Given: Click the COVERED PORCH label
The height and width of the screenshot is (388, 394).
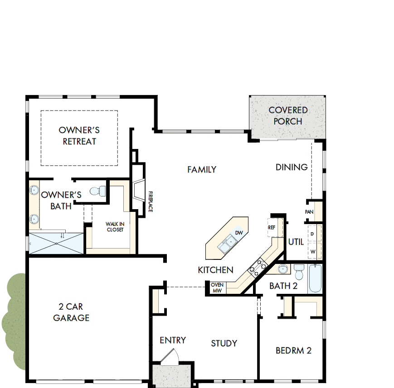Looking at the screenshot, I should (x=288, y=115).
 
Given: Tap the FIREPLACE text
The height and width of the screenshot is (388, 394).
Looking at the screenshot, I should (x=150, y=201).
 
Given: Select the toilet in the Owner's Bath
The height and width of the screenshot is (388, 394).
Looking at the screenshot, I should (x=97, y=191).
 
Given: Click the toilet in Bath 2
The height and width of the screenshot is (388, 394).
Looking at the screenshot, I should (x=299, y=273).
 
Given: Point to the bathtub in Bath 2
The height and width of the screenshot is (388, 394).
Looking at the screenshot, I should (x=315, y=278).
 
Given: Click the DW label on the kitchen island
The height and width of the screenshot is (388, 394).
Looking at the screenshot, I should (x=239, y=233).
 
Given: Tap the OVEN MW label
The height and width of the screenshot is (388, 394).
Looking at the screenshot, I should (x=217, y=287).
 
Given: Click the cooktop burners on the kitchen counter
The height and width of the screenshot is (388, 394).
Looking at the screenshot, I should (x=256, y=267).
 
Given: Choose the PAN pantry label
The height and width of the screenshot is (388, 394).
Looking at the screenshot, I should (x=310, y=212).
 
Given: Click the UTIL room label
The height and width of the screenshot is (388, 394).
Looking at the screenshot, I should (x=296, y=242).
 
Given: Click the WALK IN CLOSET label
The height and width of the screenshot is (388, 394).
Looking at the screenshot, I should (x=115, y=226).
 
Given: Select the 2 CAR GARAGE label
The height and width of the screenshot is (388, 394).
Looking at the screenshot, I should (x=71, y=312).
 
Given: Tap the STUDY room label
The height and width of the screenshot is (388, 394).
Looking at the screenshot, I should (x=224, y=343).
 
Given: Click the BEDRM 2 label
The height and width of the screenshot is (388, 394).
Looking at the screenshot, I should (x=293, y=350).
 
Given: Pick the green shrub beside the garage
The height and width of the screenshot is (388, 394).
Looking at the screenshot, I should (x=14, y=321).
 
